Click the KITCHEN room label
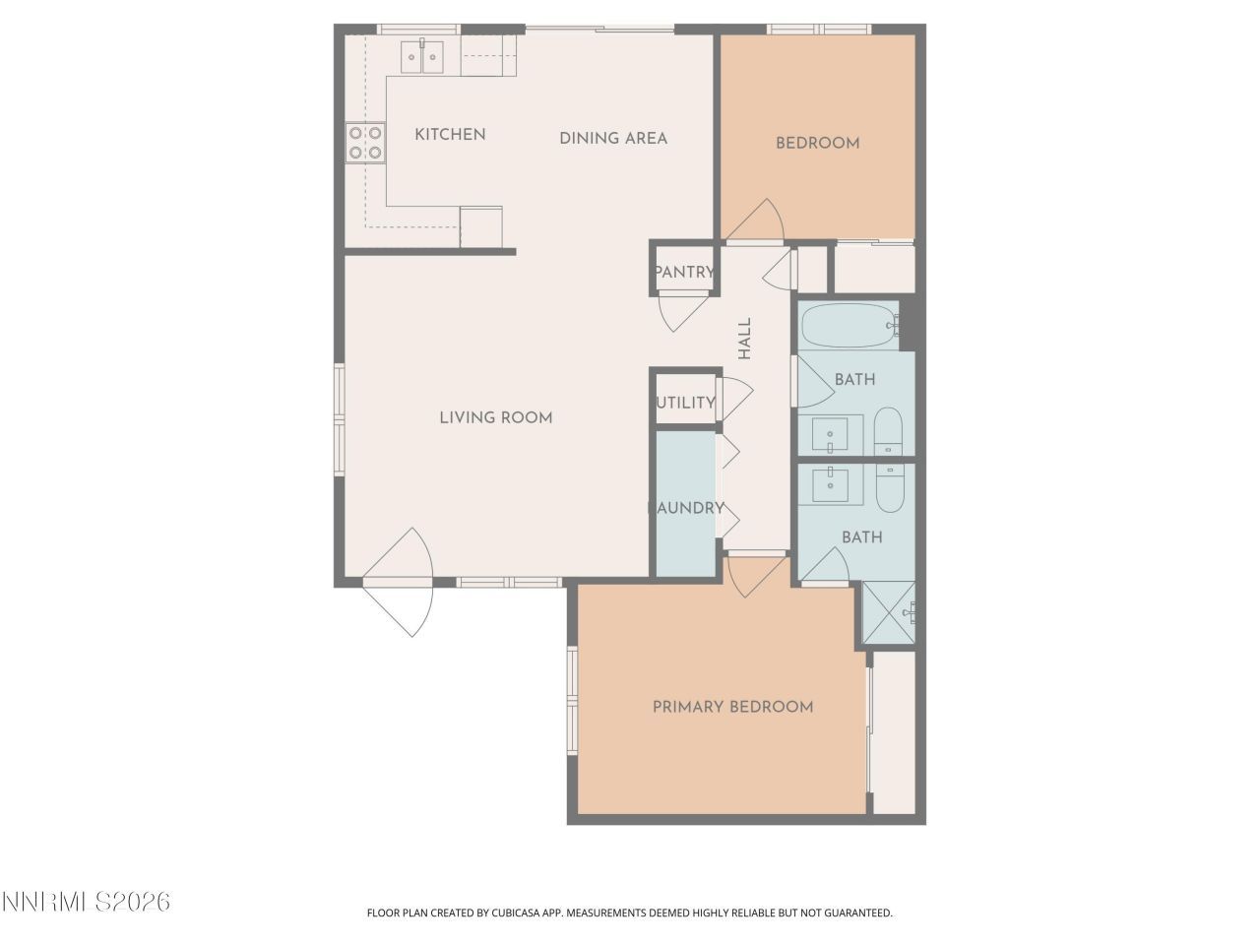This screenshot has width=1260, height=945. tap(450, 135)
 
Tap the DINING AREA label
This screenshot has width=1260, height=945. tap(613, 139)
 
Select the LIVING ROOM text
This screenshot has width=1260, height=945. tap(495, 418)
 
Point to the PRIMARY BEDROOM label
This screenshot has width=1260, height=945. tap(732, 707)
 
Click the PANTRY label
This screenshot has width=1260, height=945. tap(683, 273)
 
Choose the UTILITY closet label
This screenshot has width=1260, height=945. tap(685, 403)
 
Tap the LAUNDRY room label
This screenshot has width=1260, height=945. tap(686, 509)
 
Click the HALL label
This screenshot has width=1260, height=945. tap(745, 338)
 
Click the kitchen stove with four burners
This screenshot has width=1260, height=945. tap(365, 143)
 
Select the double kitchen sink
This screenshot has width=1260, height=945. tap(422, 57)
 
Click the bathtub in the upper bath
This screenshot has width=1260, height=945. tap(848, 325)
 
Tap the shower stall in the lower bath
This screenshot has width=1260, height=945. tap(888, 612)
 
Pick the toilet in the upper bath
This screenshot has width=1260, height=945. tap(888, 431)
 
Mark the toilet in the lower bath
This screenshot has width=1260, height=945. tap(890, 487)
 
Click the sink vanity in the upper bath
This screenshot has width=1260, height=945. tap(831, 433)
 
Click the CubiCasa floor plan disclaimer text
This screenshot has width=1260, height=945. tap(630, 913)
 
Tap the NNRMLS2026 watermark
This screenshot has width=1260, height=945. tap(86, 902)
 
